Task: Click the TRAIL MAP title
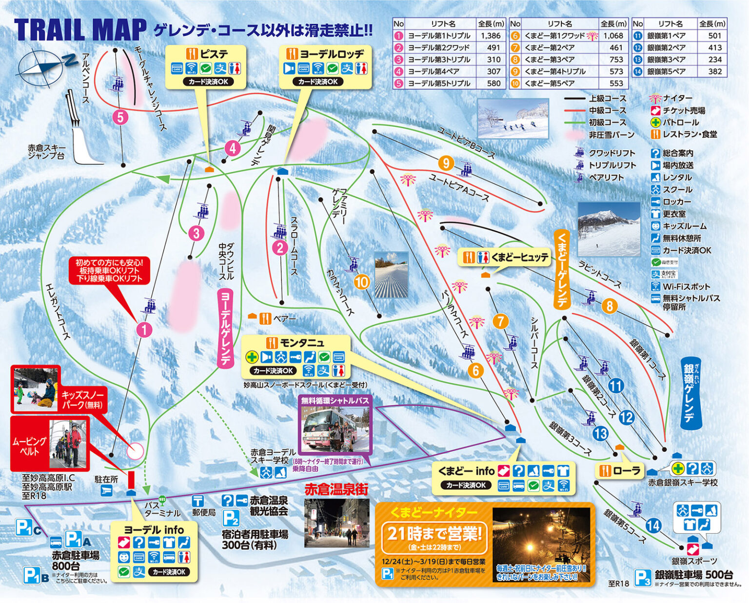(80, 30)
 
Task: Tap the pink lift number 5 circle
(119, 118)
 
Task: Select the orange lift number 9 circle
(446, 162)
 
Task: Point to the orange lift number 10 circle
(362, 281)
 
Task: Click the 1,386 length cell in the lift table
(490, 36)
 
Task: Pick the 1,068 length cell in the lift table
(613, 36)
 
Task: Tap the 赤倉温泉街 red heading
(336, 489)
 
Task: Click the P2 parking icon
(231, 518)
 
